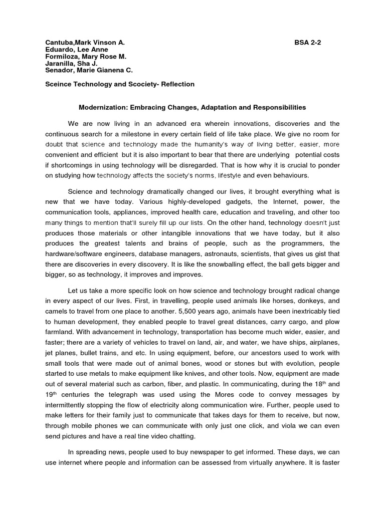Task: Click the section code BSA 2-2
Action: click(308, 43)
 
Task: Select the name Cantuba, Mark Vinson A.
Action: click(81, 43)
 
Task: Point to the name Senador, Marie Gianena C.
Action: click(86, 72)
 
